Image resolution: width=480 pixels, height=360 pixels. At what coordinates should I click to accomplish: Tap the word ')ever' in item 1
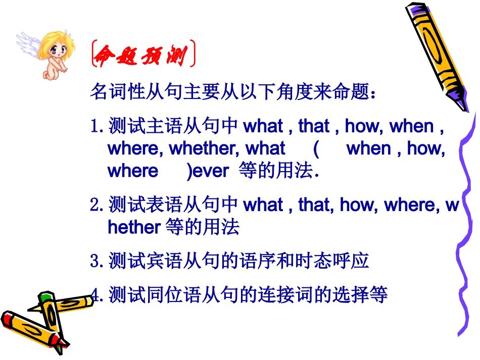coord(208,171)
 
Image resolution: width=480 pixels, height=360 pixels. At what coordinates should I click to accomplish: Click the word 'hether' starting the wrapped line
coord(134,228)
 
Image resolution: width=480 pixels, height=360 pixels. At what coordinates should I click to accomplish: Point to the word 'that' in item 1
coord(314,126)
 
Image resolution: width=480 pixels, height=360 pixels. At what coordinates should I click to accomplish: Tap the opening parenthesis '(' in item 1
coord(315,148)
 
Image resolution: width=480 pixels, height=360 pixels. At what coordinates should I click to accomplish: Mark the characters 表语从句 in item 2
coord(164,205)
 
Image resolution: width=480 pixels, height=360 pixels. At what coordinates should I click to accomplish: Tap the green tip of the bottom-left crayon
coord(46,295)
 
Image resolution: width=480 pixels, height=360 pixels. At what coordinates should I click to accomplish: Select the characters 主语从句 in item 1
coord(164,126)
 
